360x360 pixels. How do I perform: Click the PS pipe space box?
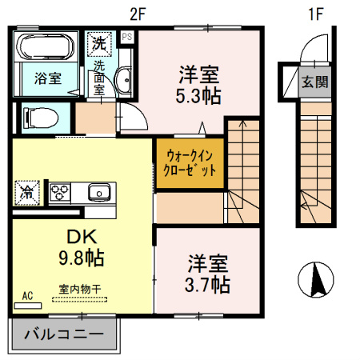tap(127, 37)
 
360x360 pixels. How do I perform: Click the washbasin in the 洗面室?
tap(124, 81)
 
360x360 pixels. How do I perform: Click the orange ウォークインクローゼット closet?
tap(190, 164)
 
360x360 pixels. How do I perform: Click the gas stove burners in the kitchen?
tap(62, 192)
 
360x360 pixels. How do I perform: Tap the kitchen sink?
tap(99, 192)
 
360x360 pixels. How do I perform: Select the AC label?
tap(27, 296)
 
